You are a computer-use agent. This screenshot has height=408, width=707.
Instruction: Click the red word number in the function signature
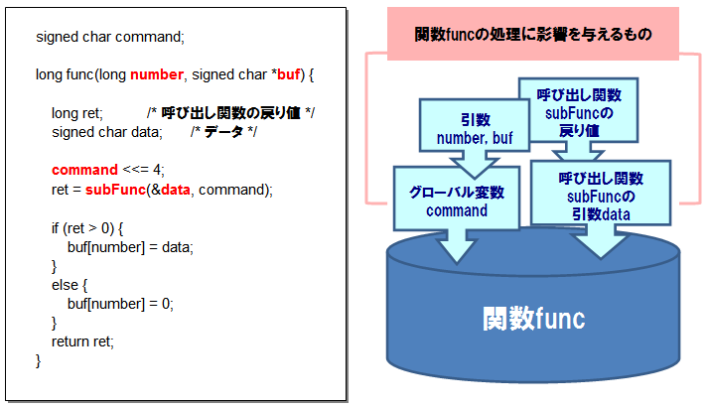click(x=157, y=74)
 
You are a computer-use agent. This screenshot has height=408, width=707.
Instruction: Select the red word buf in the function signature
click(x=289, y=74)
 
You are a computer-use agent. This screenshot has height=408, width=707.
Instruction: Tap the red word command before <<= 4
click(x=84, y=170)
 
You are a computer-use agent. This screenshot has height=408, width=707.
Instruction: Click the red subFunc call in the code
click(x=116, y=190)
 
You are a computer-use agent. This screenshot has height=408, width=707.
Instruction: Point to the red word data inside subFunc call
click(x=176, y=190)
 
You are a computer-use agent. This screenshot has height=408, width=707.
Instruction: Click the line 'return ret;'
click(x=82, y=341)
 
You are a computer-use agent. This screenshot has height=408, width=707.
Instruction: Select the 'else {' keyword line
click(x=70, y=285)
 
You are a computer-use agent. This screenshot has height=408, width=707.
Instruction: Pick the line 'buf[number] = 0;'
click(x=120, y=304)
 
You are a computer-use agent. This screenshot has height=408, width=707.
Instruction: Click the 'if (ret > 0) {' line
click(x=87, y=228)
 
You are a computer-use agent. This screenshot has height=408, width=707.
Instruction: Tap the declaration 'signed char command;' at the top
click(x=110, y=37)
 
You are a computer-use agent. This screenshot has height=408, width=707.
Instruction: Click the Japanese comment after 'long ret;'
click(x=230, y=113)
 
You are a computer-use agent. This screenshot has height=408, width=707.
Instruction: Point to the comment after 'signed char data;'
click(x=223, y=132)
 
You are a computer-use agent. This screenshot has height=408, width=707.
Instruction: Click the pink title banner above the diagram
click(x=533, y=34)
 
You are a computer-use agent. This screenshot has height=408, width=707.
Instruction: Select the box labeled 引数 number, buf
click(x=475, y=125)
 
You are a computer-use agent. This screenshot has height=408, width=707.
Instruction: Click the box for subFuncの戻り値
click(x=579, y=111)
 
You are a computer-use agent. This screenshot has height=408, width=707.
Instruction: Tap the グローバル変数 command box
click(x=457, y=199)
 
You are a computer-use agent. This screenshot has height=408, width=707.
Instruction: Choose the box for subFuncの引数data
click(x=601, y=193)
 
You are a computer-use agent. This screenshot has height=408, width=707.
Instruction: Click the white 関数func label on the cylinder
click(x=534, y=319)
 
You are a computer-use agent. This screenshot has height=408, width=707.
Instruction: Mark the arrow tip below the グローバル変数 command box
click(x=457, y=262)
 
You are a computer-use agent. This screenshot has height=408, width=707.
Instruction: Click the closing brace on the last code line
click(x=39, y=360)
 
